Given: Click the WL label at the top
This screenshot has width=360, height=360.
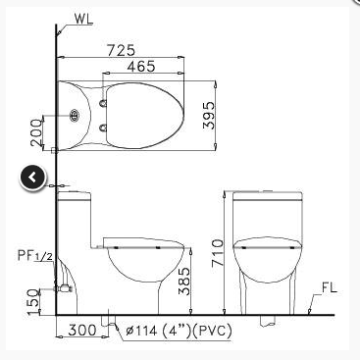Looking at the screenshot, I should (82, 17).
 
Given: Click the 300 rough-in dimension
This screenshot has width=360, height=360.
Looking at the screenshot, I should (81, 330).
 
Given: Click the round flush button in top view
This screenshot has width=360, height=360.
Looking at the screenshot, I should (75, 116).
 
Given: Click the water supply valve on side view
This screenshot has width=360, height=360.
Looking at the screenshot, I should (64, 288).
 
